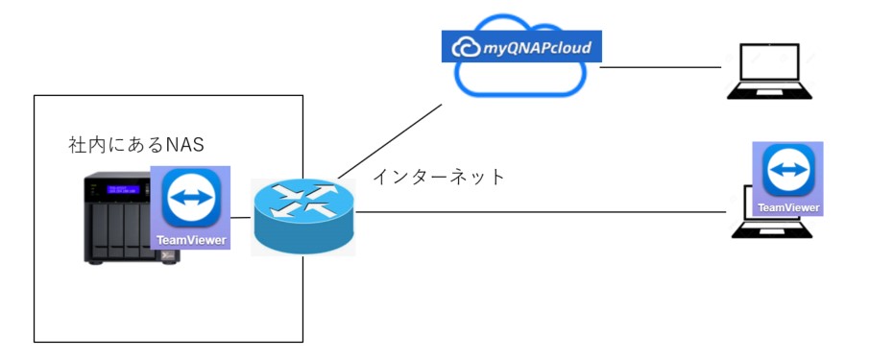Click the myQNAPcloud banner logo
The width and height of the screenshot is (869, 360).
pos(521,46)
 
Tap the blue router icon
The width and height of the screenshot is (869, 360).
pos(303,216)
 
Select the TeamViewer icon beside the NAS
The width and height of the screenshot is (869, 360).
pos(191,207)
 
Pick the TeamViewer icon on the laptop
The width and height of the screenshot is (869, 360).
pos(787,179)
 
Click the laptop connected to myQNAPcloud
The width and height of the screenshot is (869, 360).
pos(770,71)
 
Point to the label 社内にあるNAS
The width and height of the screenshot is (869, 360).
pos(136,145)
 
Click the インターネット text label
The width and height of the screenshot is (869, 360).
pos(439,177)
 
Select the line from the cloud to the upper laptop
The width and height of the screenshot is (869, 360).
pos(661,67)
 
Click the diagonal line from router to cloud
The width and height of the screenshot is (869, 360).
pos(390,141)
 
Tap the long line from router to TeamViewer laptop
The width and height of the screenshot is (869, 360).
pos(541,211)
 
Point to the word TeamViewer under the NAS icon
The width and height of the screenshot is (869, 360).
pos(191,241)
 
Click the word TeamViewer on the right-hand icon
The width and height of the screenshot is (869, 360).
pos(788,207)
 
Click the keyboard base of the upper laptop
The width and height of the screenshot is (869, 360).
pos(770,92)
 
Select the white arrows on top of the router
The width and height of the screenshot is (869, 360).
pos(303,201)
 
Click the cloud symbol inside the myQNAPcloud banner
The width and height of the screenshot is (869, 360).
pos(466,48)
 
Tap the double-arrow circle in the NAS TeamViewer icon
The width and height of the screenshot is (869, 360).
pos(191,197)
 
